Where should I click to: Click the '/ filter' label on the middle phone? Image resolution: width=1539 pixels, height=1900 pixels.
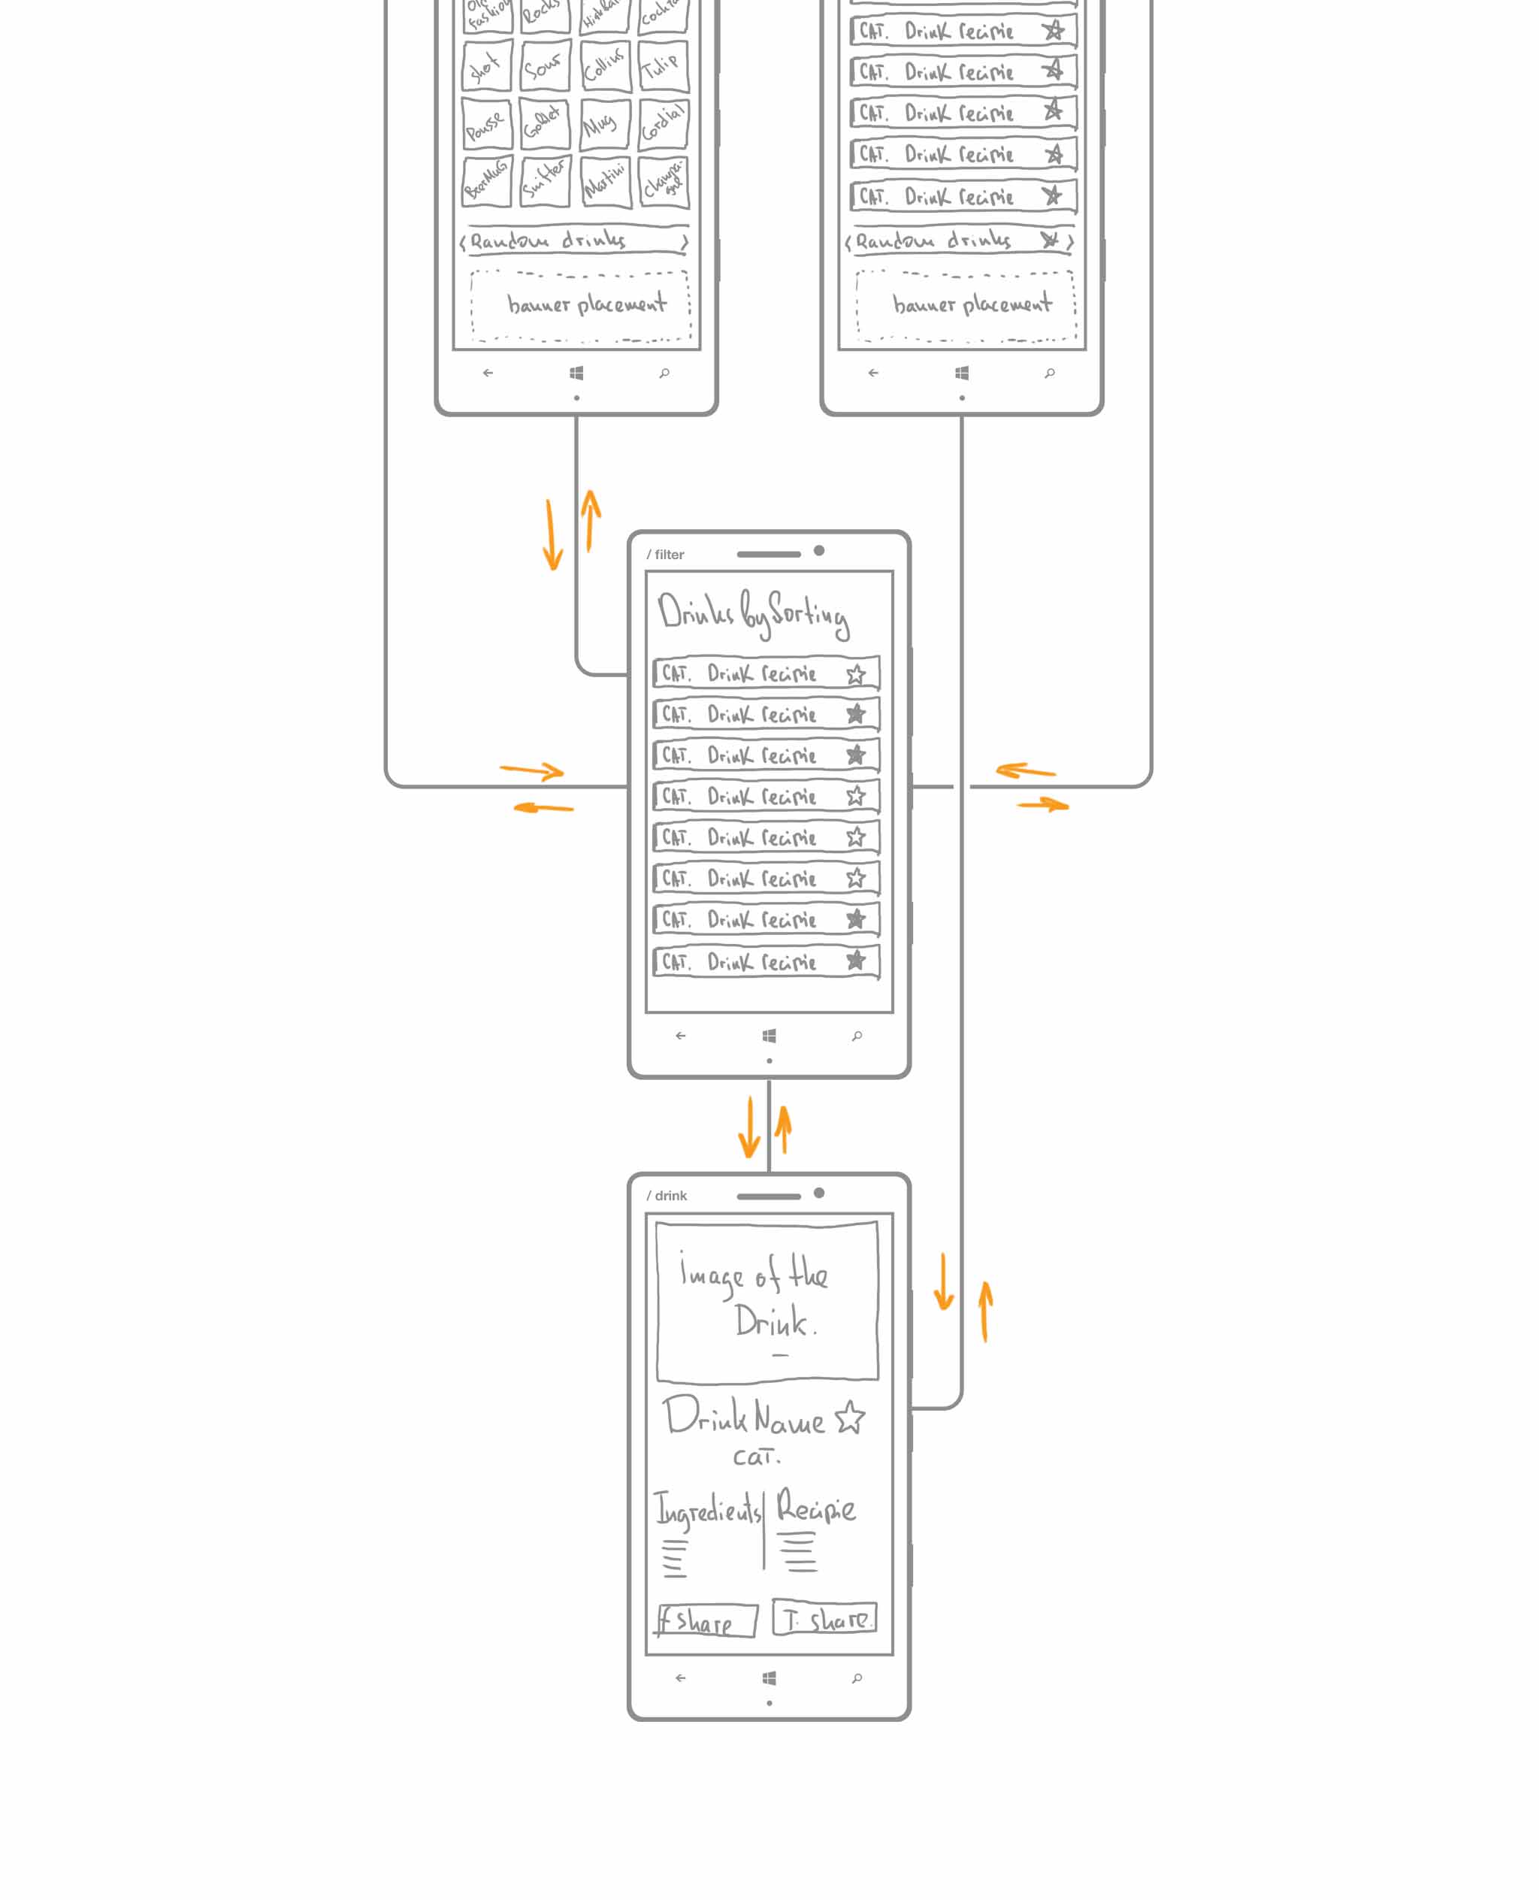point(665,554)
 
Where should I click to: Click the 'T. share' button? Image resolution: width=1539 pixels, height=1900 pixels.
point(824,1618)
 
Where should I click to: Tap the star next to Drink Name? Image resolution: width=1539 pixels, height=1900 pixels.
point(850,1417)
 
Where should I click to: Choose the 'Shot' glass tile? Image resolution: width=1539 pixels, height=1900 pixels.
point(485,65)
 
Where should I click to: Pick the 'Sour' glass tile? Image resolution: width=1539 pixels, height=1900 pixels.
point(543,65)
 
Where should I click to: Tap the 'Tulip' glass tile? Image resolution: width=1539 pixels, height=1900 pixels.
point(662,65)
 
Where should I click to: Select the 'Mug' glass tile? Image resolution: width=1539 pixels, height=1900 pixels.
point(603,123)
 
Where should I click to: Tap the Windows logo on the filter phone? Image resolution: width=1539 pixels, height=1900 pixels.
point(769,1036)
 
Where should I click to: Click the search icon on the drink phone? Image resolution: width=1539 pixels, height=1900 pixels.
point(857,1678)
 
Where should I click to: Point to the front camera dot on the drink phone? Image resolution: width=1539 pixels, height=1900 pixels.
point(819,1194)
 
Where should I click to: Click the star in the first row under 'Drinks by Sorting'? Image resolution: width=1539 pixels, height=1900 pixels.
point(855,674)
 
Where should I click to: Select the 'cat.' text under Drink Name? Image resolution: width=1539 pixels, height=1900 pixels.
point(755,1457)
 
